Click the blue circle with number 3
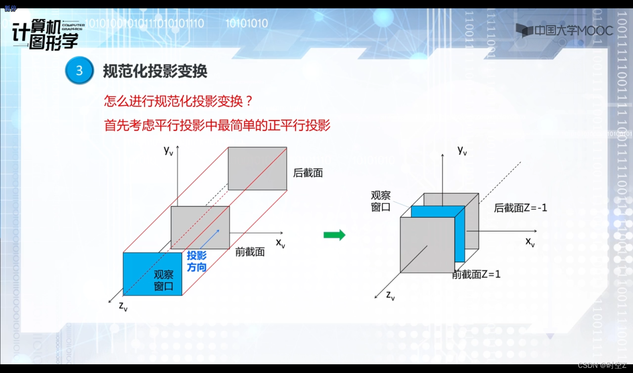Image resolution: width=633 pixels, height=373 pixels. [79, 71]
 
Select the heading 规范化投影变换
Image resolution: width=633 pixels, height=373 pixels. [155, 71]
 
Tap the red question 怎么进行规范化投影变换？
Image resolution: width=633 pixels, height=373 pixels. [178, 101]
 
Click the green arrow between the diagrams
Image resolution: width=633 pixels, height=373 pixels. [334, 235]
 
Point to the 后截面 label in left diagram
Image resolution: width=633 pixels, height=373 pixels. [308, 173]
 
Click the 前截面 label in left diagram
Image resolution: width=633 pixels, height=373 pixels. [250, 252]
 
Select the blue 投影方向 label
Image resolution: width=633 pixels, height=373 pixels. [197, 261]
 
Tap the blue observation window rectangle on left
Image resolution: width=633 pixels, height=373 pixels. [153, 274]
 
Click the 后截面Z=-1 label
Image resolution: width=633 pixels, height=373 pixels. [520, 208]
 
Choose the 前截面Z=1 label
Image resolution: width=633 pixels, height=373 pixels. [476, 274]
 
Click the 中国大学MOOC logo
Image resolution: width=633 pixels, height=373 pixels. [564, 31]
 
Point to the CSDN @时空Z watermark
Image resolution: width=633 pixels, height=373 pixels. [602, 365]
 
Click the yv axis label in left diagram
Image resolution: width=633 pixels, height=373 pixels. [168, 150]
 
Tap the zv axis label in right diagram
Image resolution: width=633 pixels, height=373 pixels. [390, 296]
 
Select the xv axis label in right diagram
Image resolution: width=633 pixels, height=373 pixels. [530, 242]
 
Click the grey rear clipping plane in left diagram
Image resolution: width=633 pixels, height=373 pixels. [257, 168]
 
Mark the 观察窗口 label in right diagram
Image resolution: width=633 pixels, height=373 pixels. [381, 201]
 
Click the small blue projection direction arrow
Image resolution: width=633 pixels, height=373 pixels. [210, 239]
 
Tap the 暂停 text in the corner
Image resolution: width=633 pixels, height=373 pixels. [10, 8]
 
